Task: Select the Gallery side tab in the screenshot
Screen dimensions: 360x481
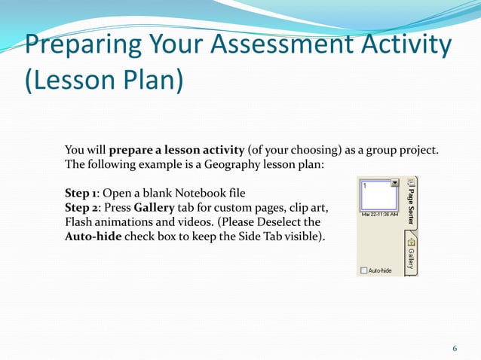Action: click(411, 253)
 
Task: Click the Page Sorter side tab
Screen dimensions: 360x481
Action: click(411, 202)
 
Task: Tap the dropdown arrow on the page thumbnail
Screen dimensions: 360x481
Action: click(395, 183)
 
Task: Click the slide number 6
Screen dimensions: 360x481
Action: click(455, 348)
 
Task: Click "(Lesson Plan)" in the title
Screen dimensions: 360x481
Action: click(104, 81)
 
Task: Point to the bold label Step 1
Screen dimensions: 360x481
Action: click(82, 194)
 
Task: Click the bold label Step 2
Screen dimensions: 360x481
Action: click(83, 208)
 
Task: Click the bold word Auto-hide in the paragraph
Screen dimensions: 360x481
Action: click(92, 236)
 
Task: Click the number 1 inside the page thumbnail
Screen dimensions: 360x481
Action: click(364, 185)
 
